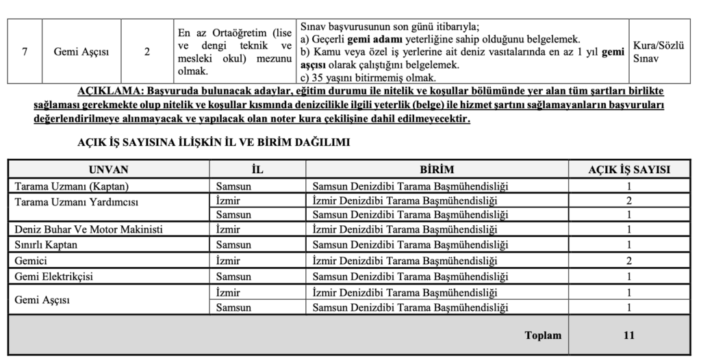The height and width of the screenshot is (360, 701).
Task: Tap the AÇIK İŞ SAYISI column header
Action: coord(629,169)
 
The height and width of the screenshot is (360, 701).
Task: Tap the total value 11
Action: coord(629,335)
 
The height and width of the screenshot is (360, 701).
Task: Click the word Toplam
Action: coord(543,335)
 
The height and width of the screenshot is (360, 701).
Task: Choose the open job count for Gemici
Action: coord(629,260)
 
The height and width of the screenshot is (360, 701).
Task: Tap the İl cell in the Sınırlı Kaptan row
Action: coord(233,244)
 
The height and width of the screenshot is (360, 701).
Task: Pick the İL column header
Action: coord(257,169)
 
